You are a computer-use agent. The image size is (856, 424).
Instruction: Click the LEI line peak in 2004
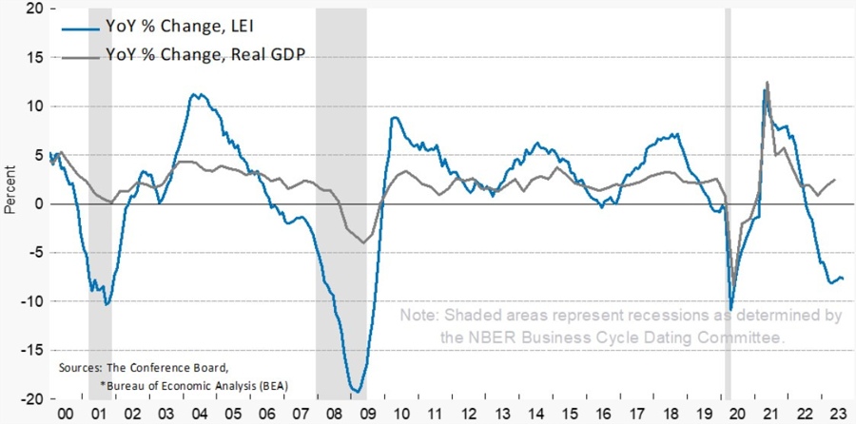click(x=194, y=94)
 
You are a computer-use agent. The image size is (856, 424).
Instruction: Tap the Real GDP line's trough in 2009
click(x=362, y=242)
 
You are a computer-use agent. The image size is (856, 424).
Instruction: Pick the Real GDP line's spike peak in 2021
click(x=768, y=83)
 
